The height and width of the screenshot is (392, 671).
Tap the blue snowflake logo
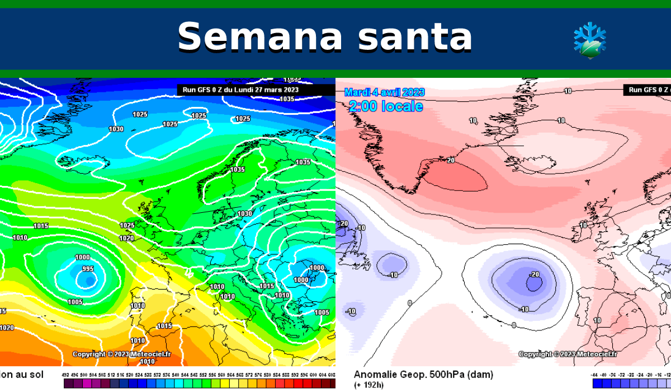click(x=589, y=41)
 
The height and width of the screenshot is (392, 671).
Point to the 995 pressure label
click(x=88, y=269)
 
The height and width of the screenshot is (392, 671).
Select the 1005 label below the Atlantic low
click(x=75, y=302)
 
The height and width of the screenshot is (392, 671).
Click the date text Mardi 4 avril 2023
click(x=384, y=92)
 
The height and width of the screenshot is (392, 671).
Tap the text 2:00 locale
click(x=385, y=106)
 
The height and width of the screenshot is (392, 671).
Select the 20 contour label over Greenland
click(x=450, y=160)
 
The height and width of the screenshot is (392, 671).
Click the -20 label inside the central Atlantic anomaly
click(x=534, y=274)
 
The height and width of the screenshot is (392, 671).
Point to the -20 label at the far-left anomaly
click(x=343, y=223)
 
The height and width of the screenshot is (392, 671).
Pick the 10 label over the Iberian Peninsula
click(x=597, y=320)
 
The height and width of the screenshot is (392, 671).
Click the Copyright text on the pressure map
click(x=121, y=354)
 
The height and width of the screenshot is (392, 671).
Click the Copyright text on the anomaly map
click(x=568, y=354)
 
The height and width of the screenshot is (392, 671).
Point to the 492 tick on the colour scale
click(x=67, y=374)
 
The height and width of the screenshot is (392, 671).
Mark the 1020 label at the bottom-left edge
click(x=7, y=328)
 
